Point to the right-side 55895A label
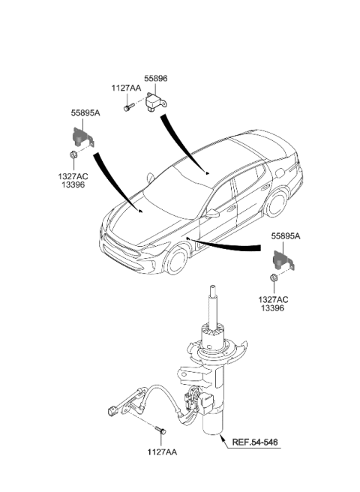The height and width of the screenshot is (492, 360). pyautogui.click(x=286, y=235)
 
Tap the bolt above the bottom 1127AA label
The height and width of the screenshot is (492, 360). pyautogui.click(x=160, y=432)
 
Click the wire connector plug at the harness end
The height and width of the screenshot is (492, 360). pyautogui.click(x=113, y=411)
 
